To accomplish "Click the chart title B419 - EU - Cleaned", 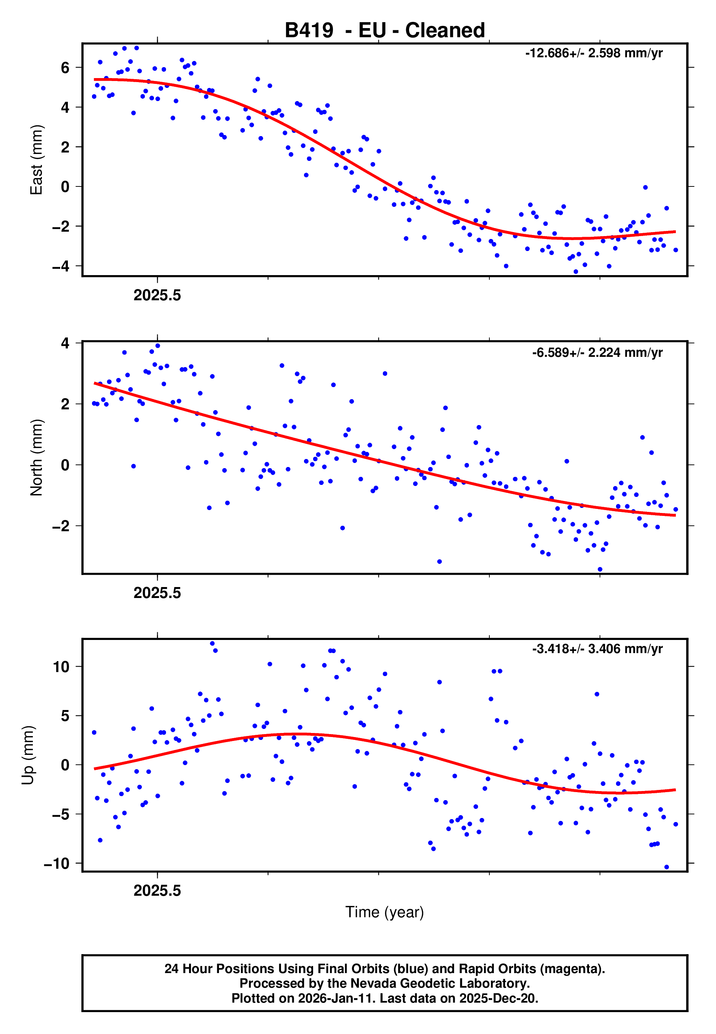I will (x=385, y=31).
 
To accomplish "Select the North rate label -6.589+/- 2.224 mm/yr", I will (x=597, y=353).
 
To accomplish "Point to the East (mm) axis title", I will (x=36, y=160).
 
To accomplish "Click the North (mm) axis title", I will (x=36, y=458).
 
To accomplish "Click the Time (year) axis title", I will (x=385, y=912).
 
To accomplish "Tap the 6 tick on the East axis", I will (x=65, y=68).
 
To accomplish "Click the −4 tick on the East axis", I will (x=61, y=266).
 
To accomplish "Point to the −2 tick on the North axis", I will (x=61, y=526).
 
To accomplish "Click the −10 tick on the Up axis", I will (x=57, y=864).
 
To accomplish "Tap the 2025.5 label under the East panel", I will (x=157, y=296).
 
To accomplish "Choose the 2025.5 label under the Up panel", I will (x=157, y=891).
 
